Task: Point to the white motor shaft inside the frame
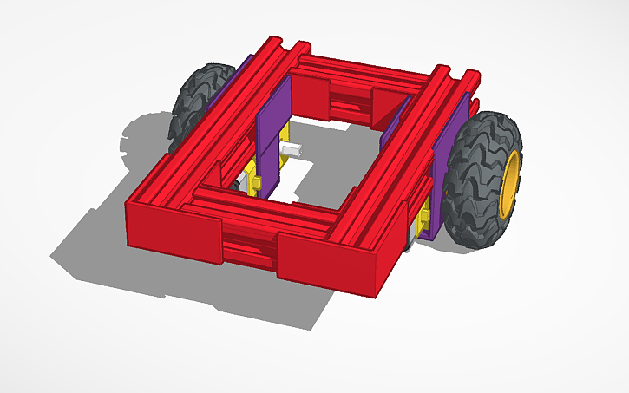pos(293,151)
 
